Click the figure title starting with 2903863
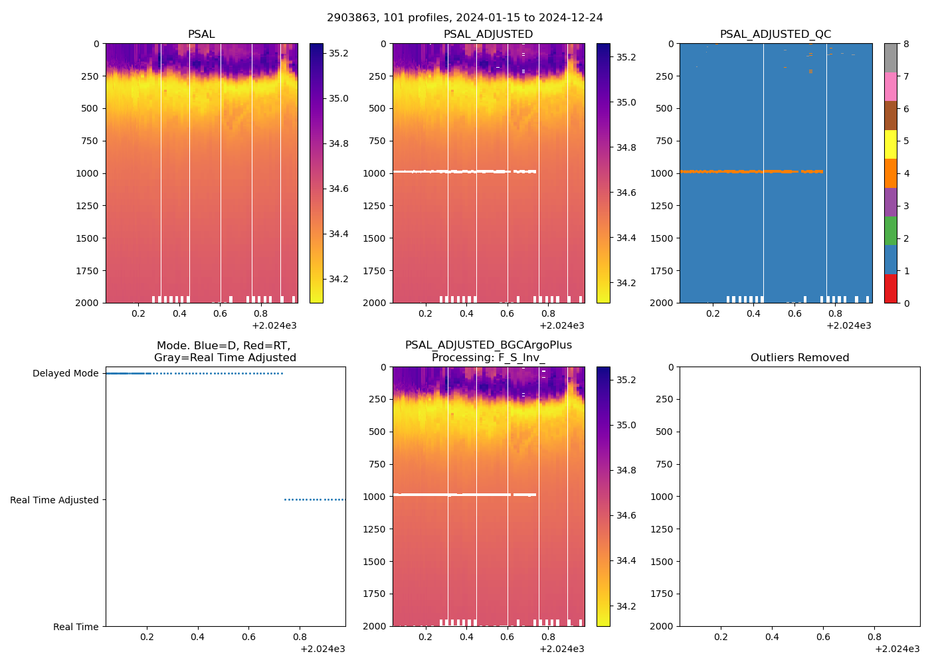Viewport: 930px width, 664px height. (465, 18)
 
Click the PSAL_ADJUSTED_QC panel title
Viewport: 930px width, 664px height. (775, 35)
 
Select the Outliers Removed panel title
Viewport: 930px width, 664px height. (800, 358)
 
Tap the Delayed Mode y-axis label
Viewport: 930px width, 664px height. (66, 374)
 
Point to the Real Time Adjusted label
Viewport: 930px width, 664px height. (54, 501)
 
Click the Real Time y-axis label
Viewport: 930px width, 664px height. (76, 627)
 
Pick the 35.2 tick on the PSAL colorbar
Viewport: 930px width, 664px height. (339, 53)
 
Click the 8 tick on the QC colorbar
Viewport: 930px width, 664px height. (906, 44)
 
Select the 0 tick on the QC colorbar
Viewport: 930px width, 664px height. (906, 303)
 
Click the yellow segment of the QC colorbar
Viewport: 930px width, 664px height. (890, 144)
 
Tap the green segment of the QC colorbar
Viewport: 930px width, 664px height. (890, 230)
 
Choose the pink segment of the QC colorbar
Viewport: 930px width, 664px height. (890, 86)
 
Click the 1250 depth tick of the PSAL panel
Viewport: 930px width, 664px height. (86, 206)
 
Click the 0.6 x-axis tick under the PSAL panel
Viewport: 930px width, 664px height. (220, 314)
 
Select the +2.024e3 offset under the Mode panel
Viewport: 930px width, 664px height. (322, 649)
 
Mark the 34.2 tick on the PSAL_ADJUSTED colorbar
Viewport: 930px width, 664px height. (626, 284)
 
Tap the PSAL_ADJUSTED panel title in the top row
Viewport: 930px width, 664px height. (488, 35)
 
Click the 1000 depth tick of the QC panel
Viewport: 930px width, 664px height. (660, 173)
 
